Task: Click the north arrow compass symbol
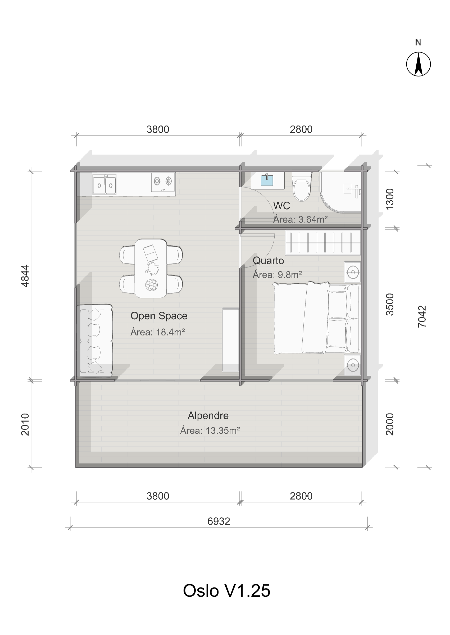tap(419, 64)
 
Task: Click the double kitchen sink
tap(104, 184)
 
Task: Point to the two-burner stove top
tap(163, 182)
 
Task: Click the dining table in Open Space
tap(151, 269)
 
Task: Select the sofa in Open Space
tap(95, 341)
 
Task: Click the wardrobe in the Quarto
tap(323, 242)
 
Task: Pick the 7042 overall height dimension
tap(422, 316)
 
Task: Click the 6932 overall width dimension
tap(219, 521)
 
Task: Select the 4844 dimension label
tap(25, 276)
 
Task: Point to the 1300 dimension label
tap(390, 199)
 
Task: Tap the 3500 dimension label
tap(390, 305)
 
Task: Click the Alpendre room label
tap(208, 416)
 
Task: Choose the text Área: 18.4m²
tap(158, 332)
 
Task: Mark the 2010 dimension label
tap(25, 424)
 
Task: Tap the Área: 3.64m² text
tap(300, 219)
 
